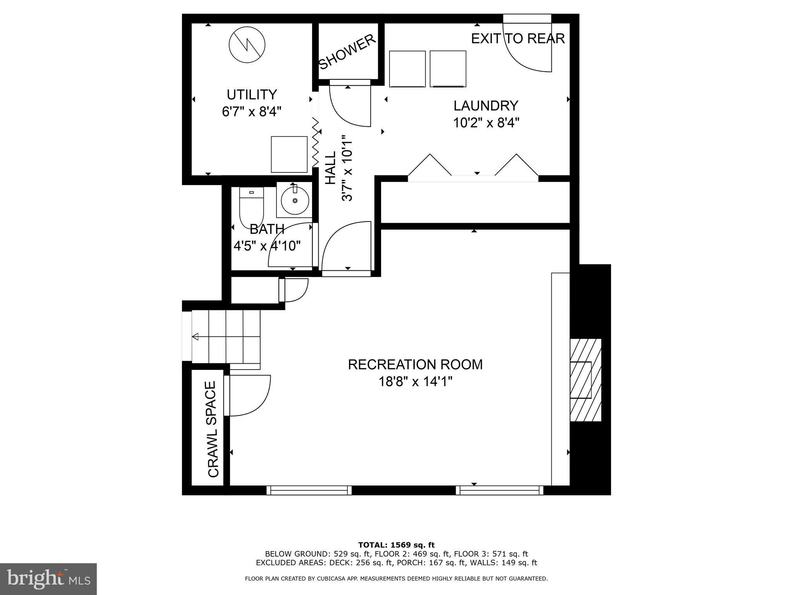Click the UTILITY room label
252,95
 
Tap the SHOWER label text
347,52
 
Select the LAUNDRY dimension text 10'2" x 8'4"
486,123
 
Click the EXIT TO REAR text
518,39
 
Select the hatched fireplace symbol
585,380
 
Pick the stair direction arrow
196,337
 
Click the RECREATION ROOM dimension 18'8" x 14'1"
415,382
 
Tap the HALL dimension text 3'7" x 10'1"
347,168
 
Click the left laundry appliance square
407,69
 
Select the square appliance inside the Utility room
289,154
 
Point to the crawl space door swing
248,395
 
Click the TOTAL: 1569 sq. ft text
396,545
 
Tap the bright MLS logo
48,579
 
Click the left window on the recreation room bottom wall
309,490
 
